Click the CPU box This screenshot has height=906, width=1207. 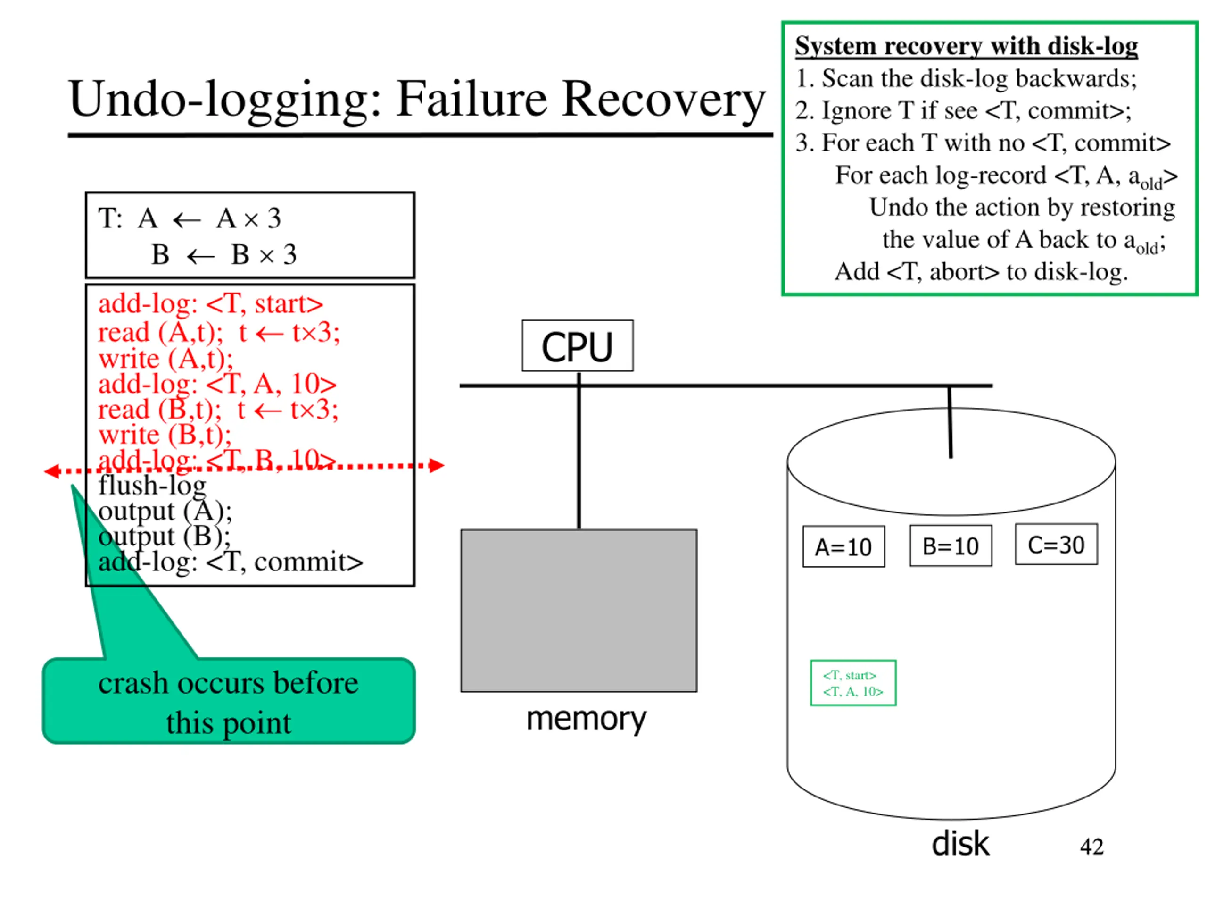coord(577,346)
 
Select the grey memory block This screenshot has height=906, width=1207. coord(579,611)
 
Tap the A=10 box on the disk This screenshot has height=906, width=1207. coord(843,546)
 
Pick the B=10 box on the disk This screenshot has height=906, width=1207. coord(951,545)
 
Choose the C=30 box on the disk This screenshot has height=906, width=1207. coord(1057,545)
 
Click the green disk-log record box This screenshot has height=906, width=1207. coord(853,683)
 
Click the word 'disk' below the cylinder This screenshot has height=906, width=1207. coord(960,844)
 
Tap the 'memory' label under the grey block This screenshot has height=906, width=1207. coord(586,720)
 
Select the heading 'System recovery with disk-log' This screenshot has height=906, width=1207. coord(967,46)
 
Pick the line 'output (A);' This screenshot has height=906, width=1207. coord(165,511)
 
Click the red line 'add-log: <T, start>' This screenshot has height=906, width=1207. coord(211,303)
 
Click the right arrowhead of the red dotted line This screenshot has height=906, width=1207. coord(437,465)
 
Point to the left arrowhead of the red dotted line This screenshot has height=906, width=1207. coord(52,471)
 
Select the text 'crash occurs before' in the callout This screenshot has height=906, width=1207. coord(228,683)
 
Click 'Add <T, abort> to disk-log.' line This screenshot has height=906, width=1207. coord(981,271)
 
